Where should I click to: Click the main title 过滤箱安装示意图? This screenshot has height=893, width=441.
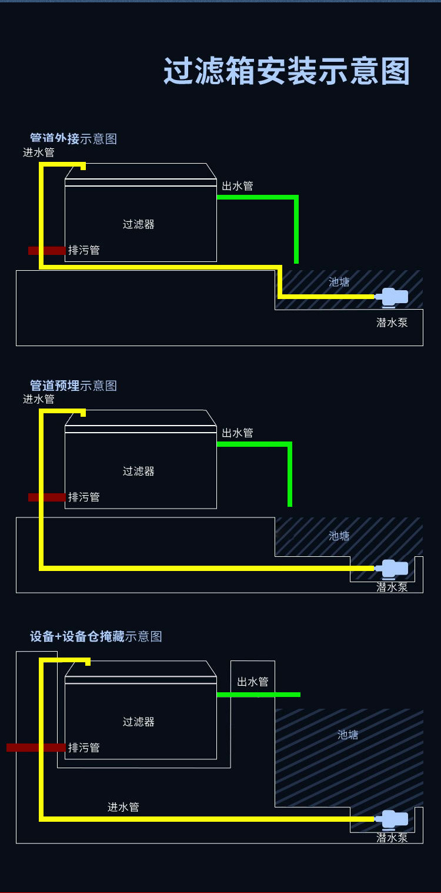286,72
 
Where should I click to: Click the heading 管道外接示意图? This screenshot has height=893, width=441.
73,139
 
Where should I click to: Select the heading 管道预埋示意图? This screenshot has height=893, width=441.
73,386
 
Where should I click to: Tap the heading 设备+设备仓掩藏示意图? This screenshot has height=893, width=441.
96,636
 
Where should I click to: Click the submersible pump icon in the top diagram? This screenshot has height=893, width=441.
393,297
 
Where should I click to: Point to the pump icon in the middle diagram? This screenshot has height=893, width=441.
393,569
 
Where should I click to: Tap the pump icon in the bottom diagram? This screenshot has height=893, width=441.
393,819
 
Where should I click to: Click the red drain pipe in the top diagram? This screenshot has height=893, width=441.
46,251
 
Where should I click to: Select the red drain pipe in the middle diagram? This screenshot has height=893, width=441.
46,497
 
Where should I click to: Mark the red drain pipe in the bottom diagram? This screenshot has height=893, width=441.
35,748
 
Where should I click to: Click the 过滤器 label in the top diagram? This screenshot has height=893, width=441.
139,224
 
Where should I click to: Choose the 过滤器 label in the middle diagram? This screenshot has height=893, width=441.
139,471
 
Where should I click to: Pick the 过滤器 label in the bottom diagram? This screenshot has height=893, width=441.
139,722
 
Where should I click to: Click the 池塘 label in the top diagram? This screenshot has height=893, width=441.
339,282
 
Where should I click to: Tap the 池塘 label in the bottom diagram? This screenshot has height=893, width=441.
348,735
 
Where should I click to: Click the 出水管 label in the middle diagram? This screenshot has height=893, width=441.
238,433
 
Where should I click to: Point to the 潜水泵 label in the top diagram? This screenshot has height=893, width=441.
392,323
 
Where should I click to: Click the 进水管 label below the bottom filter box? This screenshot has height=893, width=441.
123,807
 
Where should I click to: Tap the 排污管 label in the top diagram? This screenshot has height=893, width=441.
84,250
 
